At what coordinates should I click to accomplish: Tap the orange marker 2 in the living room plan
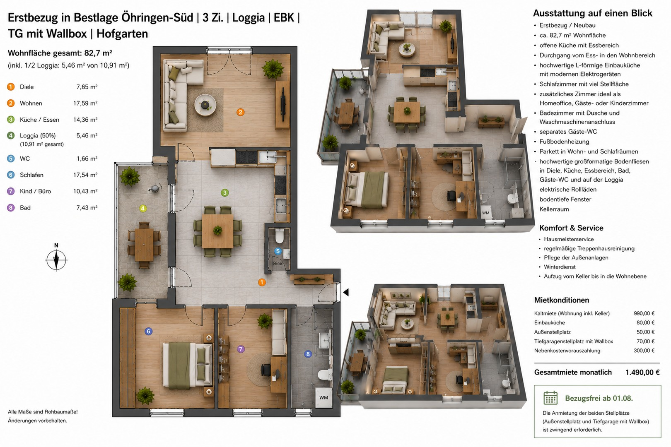pyautogui.click(x=240, y=112)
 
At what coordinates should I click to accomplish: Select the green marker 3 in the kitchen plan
pyautogui.click(x=224, y=193)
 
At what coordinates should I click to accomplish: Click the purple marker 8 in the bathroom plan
pyautogui.click(x=308, y=354)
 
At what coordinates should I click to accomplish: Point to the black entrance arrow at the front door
pyautogui.click(x=346, y=292)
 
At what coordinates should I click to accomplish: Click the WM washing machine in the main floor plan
pyautogui.click(x=323, y=398)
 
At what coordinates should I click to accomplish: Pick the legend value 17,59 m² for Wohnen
pyautogui.click(x=85, y=103)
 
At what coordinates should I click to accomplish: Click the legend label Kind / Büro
pyautogui.click(x=35, y=191)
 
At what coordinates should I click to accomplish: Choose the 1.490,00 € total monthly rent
pyautogui.click(x=642, y=372)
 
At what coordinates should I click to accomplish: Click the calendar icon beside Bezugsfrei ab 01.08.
pyautogui.click(x=550, y=398)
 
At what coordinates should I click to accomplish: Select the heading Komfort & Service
pyautogui.click(x=571, y=228)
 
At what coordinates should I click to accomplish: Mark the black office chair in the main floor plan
pyautogui.click(x=266, y=370)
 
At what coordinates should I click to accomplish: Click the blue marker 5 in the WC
pyautogui.click(x=278, y=251)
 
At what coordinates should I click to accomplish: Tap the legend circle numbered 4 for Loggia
pyautogui.click(x=11, y=136)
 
